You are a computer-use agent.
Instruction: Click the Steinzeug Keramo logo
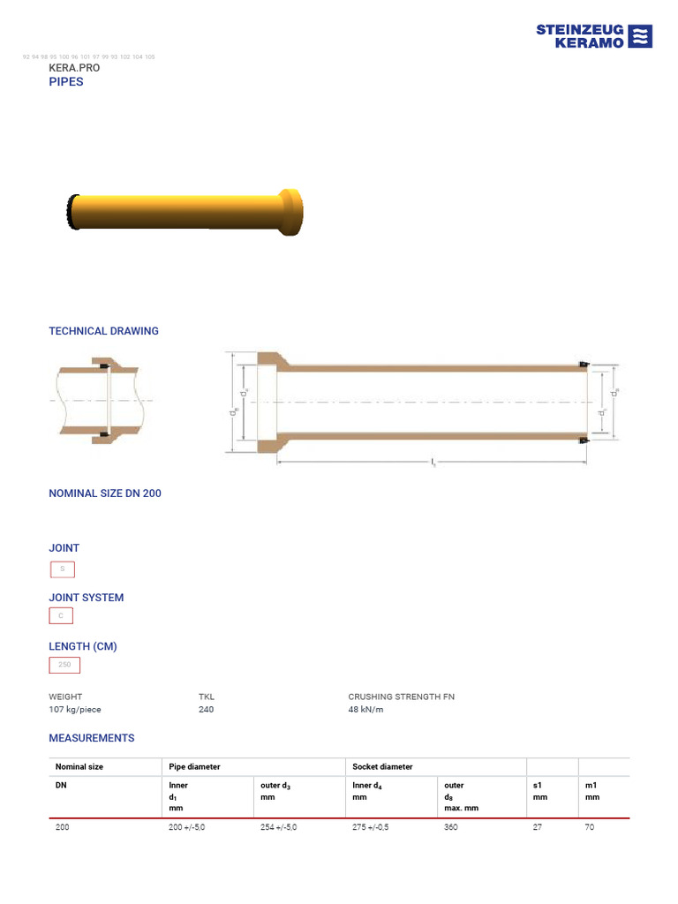point(594,36)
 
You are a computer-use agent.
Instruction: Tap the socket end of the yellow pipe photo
point(290,213)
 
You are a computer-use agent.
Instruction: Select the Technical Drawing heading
point(103,331)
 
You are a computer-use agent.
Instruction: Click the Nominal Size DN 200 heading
point(104,493)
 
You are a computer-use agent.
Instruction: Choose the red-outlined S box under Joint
point(62,569)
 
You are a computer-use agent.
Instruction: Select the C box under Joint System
point(61,616)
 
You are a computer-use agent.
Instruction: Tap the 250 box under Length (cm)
point(64,666)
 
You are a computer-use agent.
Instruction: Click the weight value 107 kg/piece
point(80,710)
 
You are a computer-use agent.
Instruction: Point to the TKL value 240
point(206,710)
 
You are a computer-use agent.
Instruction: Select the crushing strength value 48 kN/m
point(365,710)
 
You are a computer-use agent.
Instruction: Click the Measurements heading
point(91,738)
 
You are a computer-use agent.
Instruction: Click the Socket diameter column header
point(382,767)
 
